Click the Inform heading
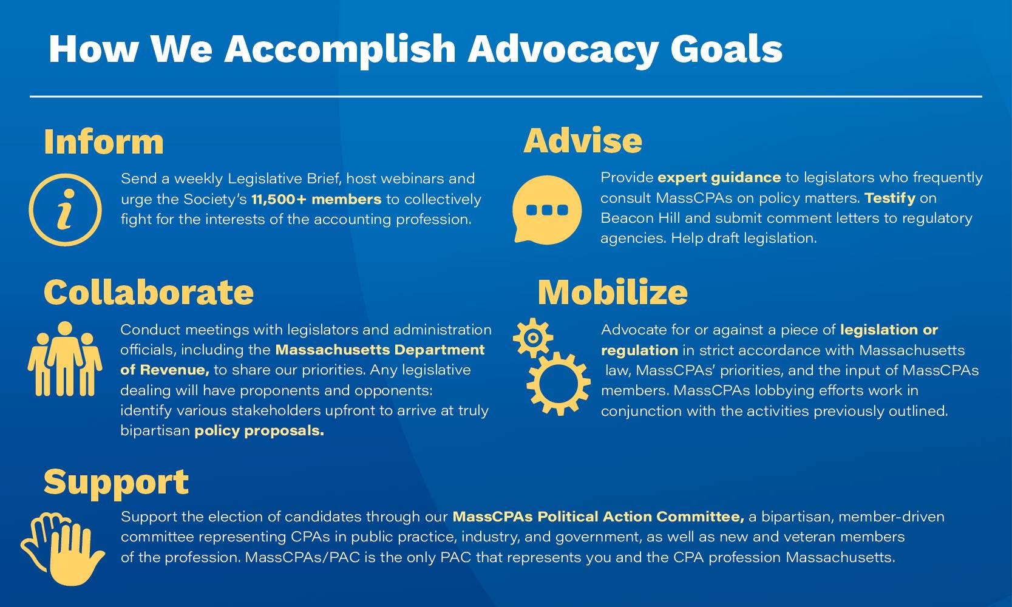click(x=103, y=142)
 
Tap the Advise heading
click(x=582, y=140)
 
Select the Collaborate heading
click(x=149, y=292)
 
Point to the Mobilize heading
click(x=613, y=292)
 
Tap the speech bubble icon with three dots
click(x=546, y=210)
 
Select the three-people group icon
click(x=64, y=359)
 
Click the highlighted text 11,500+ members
click(x=316, y=199)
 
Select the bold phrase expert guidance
click(x=719, y=177)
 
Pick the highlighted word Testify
click(x=889, y=198)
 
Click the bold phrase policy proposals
click(x=259, y=431)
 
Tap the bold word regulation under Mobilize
click(x=639, y=350)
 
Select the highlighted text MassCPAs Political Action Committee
click(x=598, y=517)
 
